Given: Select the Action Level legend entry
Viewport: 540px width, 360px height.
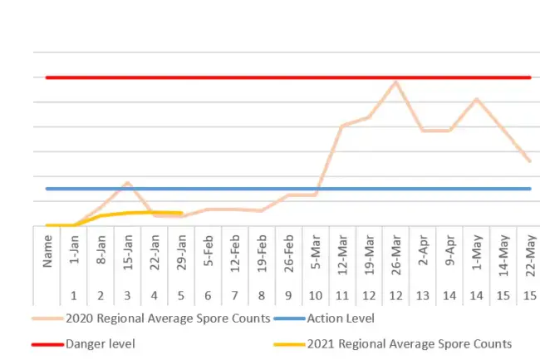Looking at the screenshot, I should (x=341, y=318).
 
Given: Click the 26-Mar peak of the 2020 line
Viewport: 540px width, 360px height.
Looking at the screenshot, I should (x=395, y=81).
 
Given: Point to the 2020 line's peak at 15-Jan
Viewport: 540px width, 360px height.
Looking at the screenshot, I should (x=127, y=182).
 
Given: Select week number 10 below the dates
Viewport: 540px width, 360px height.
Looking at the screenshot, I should (x=315, y=296).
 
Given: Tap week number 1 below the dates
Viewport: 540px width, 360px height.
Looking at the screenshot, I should (x=74, y=296).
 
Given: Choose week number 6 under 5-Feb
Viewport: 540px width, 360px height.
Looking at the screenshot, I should (x=208, y=296).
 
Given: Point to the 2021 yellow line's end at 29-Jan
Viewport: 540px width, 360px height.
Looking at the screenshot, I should (x=181, y=213).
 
